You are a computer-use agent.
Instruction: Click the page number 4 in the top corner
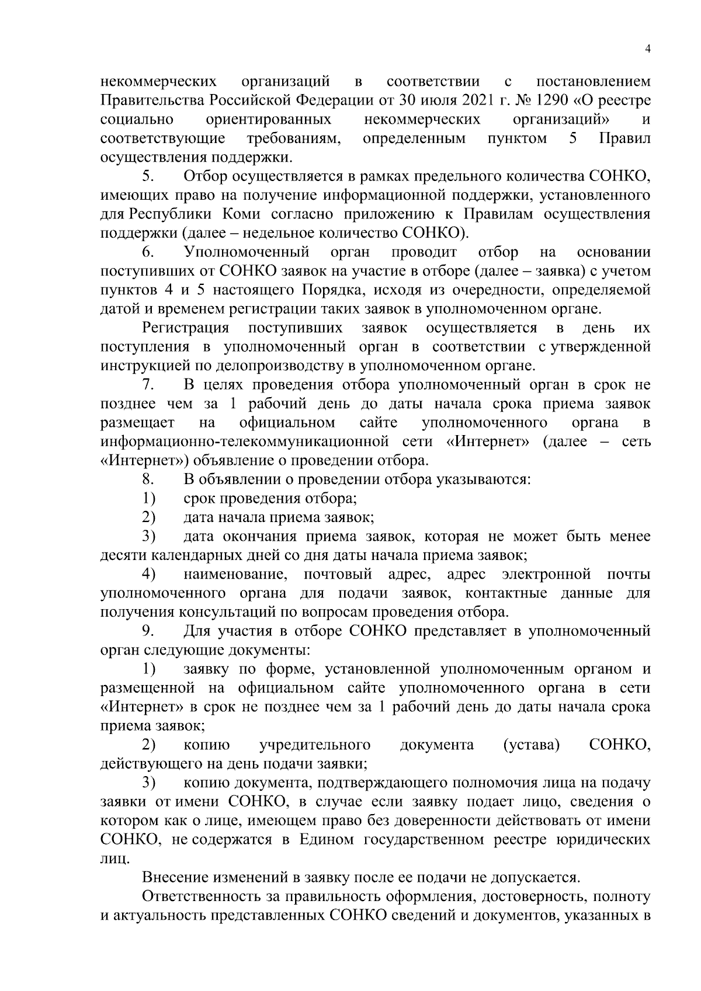point(647,49)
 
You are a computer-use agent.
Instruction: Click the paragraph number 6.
point(148,252)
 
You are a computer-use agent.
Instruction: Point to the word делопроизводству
point(264,366)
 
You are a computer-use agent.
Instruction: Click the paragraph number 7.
point(148,385)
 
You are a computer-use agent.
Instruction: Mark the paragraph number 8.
point(148,479)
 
